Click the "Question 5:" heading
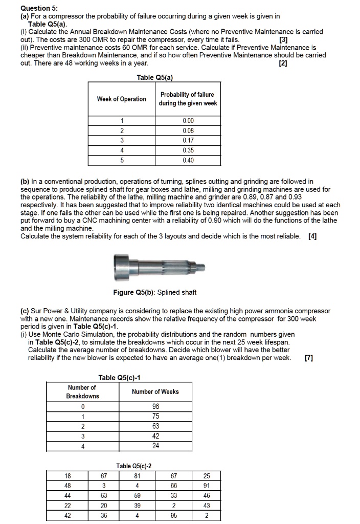[39, 8]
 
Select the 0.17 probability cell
[188, 140]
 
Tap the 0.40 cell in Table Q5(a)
[188, 160]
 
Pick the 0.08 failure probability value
[188, 130]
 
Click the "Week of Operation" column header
[122, 99]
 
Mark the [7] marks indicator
[309, 358]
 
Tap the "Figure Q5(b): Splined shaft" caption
[154, 292]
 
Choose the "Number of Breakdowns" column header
[82, 392]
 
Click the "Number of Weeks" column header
[155, 392]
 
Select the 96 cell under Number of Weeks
[155, 407]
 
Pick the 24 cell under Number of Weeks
[155, 446]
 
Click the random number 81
[137, 476]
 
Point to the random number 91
[206, 486]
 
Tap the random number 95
[174, 515]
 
